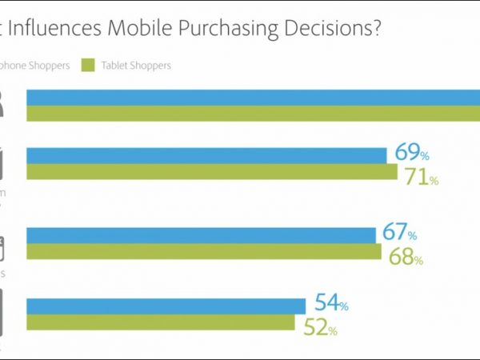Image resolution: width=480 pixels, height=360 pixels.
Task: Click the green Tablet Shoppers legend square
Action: tap(88, 65)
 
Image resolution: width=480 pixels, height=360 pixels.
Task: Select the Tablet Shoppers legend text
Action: tap(136, 65)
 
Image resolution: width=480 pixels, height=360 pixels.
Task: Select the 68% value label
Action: tap(406, 258)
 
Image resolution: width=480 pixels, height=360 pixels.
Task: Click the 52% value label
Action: tap(320, 328)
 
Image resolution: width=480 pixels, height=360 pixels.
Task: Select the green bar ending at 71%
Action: tap(212, 173)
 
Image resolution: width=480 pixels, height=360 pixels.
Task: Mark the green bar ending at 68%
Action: tap(204, 252)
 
